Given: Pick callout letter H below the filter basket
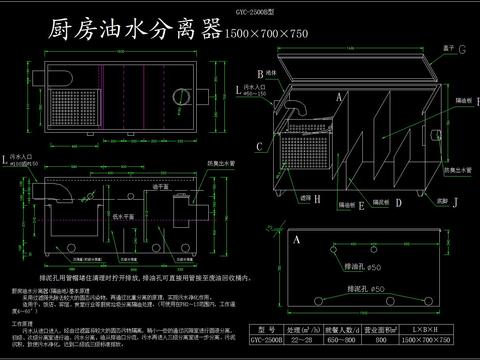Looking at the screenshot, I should click(x=318, y=199).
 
